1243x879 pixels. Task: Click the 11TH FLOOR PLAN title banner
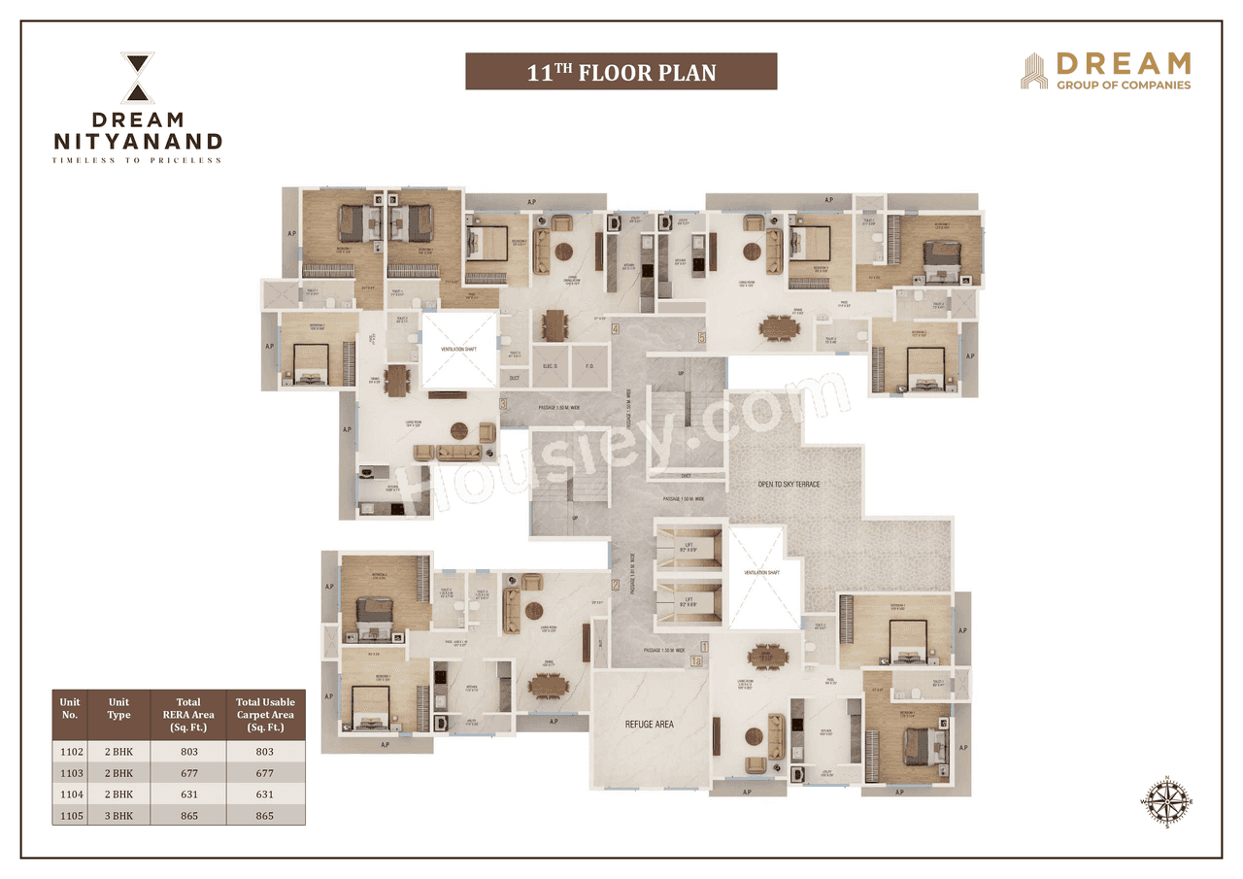tap(621, 72)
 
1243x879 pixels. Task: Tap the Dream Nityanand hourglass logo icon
tap(137, 78)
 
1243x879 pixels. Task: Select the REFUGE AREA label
tap(650, 724)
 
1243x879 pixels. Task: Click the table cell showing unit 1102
tap(69, 751)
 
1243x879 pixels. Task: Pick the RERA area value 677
tap(188, 772)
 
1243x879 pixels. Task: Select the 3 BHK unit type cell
tap(118, 815)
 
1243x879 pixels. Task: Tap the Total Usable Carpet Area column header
tap(265, 714)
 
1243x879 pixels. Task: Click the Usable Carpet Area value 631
tap(265, 794)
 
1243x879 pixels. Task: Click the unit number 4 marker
tap(616, 328)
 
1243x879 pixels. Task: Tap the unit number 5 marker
tap(701, 339)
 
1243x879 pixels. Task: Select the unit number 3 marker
tap(503, 404)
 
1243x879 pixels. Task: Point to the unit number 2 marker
tap(615, 585)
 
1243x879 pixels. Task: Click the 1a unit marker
tap(695, 661)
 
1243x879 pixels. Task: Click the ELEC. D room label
tap(550, 366)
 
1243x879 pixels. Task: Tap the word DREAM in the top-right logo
tap(1123, 64)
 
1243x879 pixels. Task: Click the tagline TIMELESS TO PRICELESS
tap(137, 160)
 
